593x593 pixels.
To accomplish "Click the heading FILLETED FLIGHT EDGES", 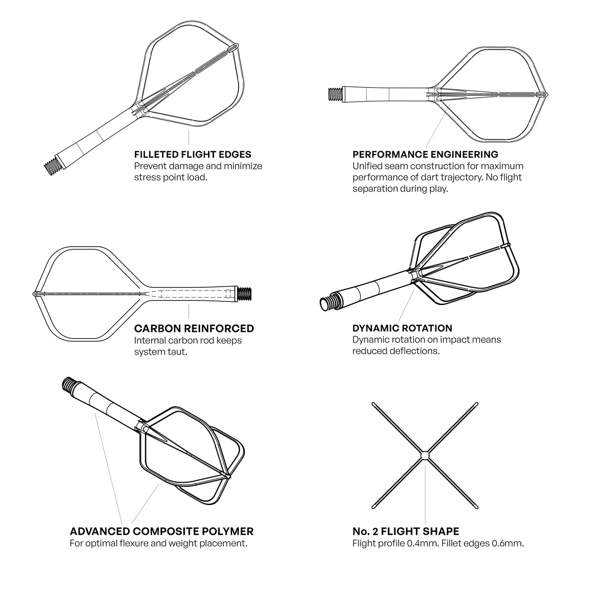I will (193, 155).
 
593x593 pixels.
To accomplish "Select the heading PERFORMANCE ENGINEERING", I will (425, 155).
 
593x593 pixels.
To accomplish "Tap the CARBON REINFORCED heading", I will (194, 329).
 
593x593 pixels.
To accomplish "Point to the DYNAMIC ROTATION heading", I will (402, 328).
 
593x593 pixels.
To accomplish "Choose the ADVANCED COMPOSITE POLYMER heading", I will (162, 531).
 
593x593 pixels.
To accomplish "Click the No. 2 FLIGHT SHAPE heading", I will (405, 531).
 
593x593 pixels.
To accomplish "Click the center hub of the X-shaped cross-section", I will (424, 455).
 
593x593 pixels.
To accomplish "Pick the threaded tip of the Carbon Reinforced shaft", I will (245, 294).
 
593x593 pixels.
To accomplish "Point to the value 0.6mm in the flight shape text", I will (509, 544).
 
